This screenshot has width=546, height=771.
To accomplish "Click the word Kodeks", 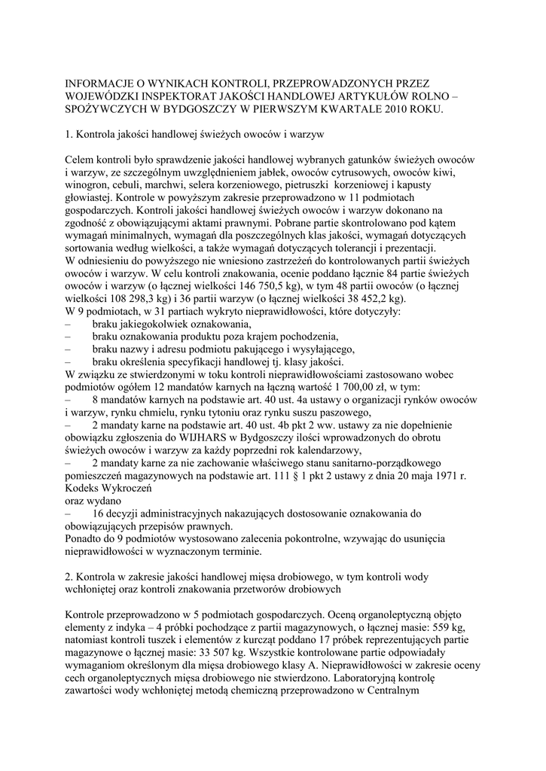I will [x=84, y=488].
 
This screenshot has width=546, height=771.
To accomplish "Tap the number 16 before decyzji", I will [x=99, y=513].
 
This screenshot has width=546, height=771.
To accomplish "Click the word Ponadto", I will [x=86, y=539].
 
